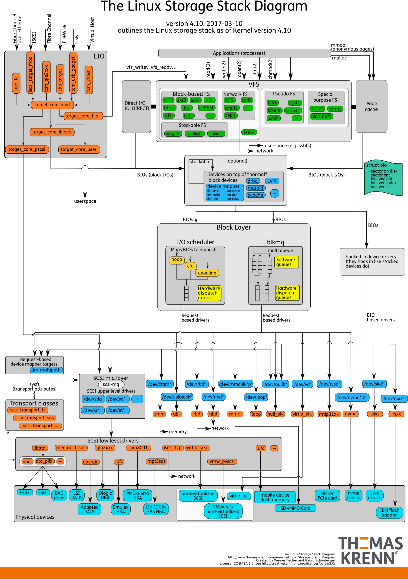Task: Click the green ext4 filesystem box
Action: [x=195, y=100]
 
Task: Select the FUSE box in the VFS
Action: [x=249, y=132]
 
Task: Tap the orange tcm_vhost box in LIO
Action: [x=89, y=80]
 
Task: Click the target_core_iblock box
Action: [x=52, y=132]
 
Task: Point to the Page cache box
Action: [x=372, y=106]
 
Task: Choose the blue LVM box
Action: [x=272, y=181]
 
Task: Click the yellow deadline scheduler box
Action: [x=207, y=273]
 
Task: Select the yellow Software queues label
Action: [x=286, y=262]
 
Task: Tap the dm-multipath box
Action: [x=46, y=370]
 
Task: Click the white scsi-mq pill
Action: [x=111, y=384]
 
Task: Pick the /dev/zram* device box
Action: [x=160, y=384]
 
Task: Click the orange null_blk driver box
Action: [x=275, y=414]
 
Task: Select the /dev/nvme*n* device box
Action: [x=352, y=397]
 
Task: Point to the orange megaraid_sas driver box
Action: [x=71, y=448]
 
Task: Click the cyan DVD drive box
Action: [x=59, y=495]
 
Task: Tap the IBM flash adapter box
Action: [x=389, y=513]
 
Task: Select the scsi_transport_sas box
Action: [x=34, y=418]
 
